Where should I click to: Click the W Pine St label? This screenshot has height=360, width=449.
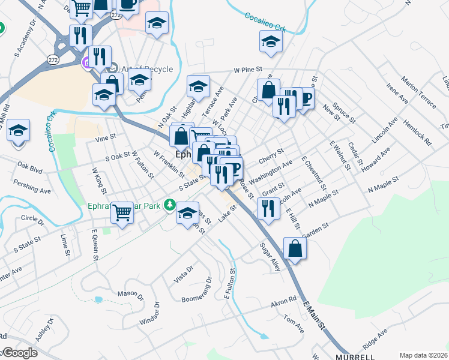pyautogui.click(x=250, y=70)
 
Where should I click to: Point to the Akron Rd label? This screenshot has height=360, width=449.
pyautogui.click(x=284, y=299)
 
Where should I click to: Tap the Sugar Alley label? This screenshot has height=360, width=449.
pyautogui.click(x=270, y=257)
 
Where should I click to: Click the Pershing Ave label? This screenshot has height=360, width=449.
pyautogui.click(x=33, y=187)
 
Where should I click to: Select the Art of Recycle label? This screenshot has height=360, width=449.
pyautogui.click(x=147, y=69)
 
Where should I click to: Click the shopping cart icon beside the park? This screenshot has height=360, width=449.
pyautogui.click(x=122, y=211)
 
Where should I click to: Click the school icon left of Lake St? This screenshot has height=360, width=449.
pyautogui.click(x=188, y=212)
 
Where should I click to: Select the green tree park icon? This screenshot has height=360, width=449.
pyautogui.click(x=170, y=206)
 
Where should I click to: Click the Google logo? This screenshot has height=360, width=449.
pyautogui.click(x=19, y=353)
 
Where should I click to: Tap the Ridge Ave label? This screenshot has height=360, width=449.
pyautogui.click(x=375, y=340)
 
